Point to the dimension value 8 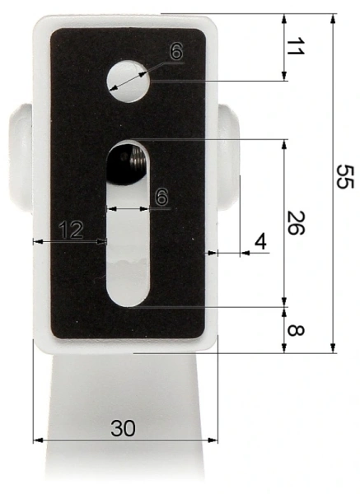point(294,332)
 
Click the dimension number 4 point(260,242)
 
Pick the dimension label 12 point(72,231)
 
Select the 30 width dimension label point(124,428)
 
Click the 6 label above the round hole point(175,51)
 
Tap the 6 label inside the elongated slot point(161,197)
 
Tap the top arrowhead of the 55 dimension point(334,19)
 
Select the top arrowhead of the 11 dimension point(284,19)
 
